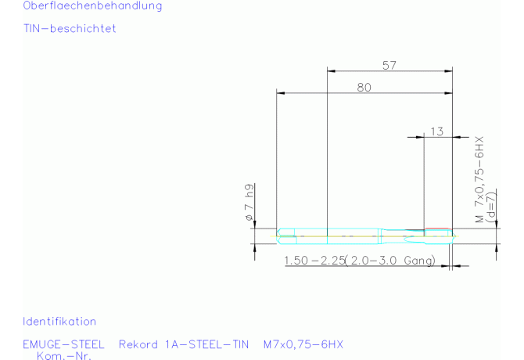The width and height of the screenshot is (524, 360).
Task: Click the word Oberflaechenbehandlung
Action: (92, 5)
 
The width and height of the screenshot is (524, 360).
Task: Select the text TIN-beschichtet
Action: (70, 28)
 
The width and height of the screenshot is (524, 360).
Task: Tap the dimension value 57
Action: (389, 65)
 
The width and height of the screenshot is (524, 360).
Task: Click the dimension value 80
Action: (364, 87)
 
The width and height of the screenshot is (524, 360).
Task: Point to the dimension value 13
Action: (436, 131)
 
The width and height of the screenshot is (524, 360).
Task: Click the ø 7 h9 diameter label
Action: (249, 202)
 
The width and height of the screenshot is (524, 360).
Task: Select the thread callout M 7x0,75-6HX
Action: (479, 179)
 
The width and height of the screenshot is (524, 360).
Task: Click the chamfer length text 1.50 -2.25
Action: (314, 261)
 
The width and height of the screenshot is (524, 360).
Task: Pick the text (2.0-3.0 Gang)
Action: (390, 261)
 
